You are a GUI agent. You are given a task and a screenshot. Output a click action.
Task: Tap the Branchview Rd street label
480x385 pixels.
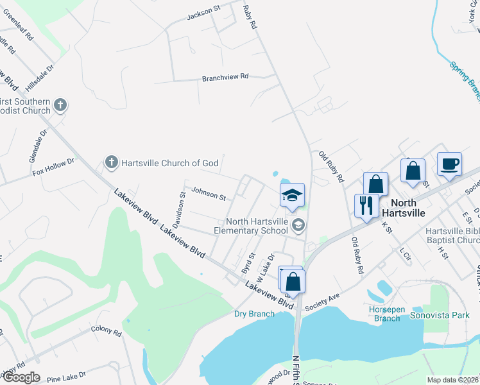(x=225, y=77)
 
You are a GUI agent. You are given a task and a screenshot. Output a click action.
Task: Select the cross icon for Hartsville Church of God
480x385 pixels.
(x=111, y=163)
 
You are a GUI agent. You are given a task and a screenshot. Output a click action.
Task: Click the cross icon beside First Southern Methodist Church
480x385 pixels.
(x=60, y=105)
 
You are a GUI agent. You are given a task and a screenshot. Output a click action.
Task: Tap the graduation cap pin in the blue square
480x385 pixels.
(x=292, y=195)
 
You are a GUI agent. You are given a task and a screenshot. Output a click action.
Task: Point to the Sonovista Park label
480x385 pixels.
(x=448, y=316)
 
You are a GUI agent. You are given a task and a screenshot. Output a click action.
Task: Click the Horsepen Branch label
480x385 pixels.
(x=388, y=314)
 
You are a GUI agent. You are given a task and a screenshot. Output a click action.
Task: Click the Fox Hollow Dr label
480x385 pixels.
(x=54, y=168)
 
